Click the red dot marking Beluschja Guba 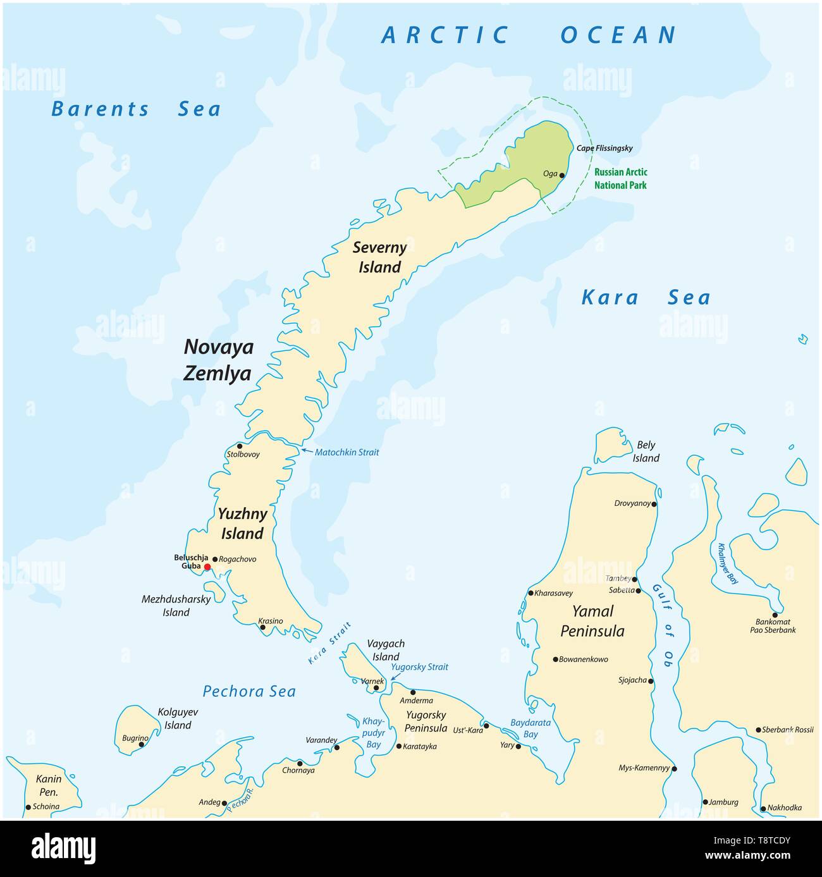point(207,567)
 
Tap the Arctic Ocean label point(529,35)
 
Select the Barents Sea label point(136,109)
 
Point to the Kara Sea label point(646,297)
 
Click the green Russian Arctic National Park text point(620,178)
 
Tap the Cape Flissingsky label point(604,149)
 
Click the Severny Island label point(379,257)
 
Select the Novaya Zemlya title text point(218,360)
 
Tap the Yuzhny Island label point(242,524)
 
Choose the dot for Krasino point(262,627)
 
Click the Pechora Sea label point(249,691)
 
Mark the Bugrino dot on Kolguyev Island point(142,744)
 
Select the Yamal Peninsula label point(592,621)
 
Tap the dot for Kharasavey point(531,592)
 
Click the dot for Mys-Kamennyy point(675,769)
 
